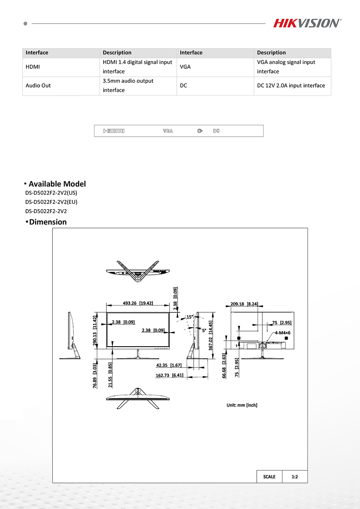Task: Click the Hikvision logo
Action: (307, 23)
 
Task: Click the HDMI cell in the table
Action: (33, 67)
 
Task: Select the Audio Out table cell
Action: (38, 86)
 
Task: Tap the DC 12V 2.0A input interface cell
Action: (291, 86)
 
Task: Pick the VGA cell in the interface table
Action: (185, 67)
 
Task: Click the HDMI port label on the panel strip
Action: (114, 131)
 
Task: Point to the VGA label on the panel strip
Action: (168, 131)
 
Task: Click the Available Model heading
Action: (57, 184)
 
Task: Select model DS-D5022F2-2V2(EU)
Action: (51, 202)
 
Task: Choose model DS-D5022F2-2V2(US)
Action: (51, 193)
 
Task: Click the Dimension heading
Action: (48, 222)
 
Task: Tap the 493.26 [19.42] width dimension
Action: (138, 303)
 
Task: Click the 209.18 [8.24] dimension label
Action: (244, 304)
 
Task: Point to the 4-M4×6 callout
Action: (282, 333)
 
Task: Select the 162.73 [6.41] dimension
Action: (169, 375)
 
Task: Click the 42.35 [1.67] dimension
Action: (169, 365)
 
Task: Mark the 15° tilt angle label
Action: (190, 317)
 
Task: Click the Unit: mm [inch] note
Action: (242, 405)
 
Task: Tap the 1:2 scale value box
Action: (295, 477)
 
